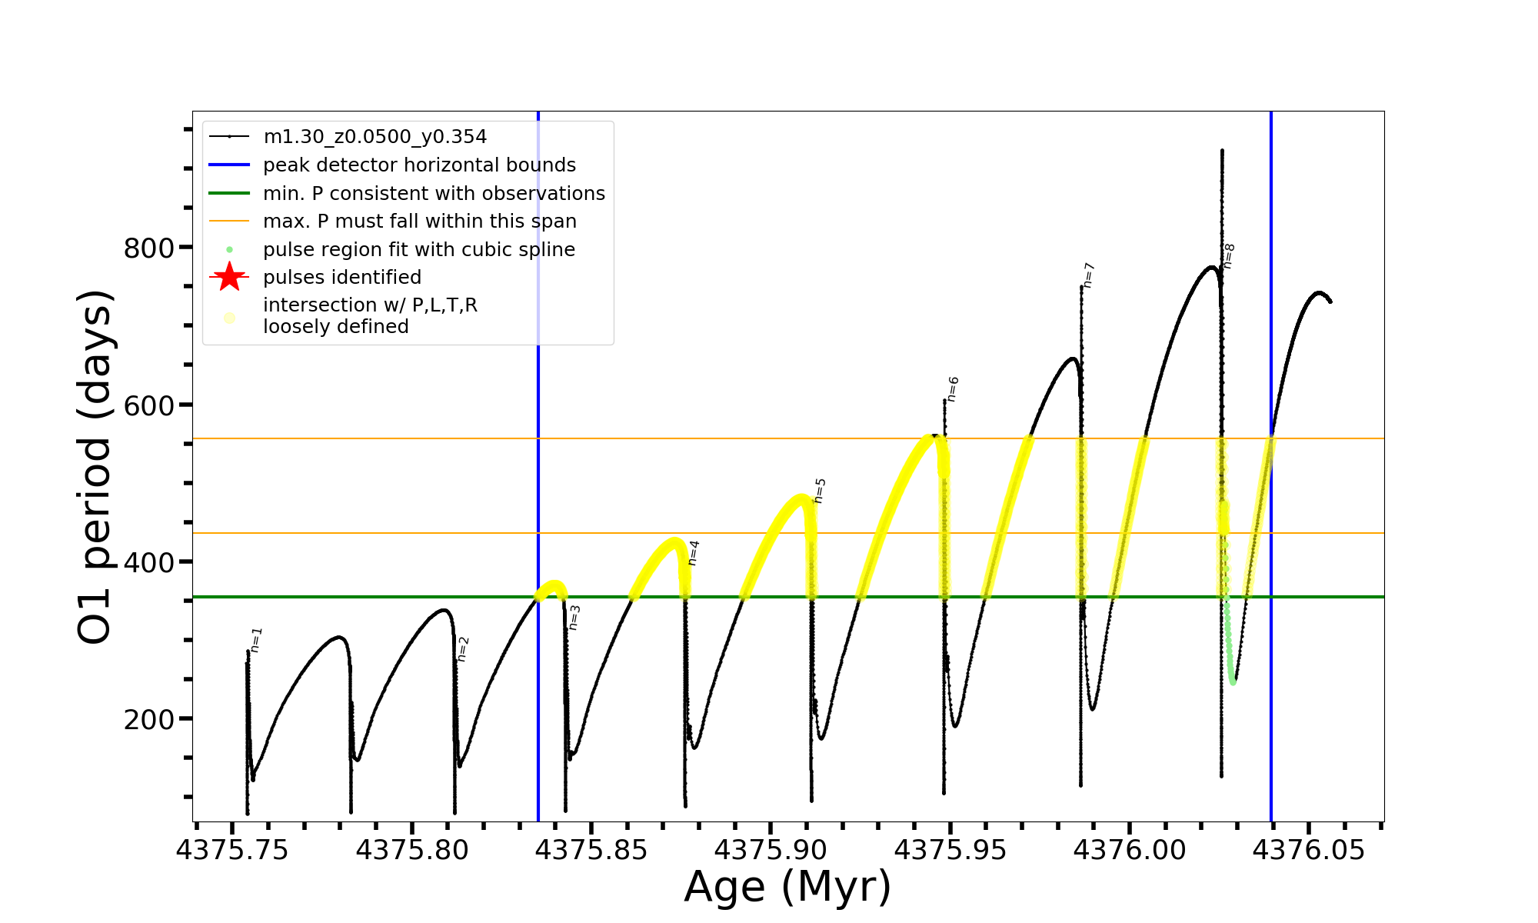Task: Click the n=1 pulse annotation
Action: (x=257, y=640)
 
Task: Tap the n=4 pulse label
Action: (x=694, y=552)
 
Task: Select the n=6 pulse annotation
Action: (x=953, y=389)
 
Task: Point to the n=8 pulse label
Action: (x=1229, y=256)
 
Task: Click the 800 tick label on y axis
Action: (x=149, y=248)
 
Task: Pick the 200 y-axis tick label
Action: (x=149, y=720)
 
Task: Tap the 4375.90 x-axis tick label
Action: (x=771, y=850)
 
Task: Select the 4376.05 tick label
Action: (x=1309, y=850)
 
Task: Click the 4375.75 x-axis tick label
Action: (x=232, y=850)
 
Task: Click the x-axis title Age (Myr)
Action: (x=787, y=887)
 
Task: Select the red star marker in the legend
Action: (x=229, y=277)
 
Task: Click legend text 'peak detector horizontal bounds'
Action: (x=419, y=165)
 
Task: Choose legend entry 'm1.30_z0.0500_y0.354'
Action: (x=375, y=137)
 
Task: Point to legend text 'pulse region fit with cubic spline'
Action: (x=419, y=250)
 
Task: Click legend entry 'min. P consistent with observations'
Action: (x=434, y=194)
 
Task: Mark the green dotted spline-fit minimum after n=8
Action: (x=1233, y=681)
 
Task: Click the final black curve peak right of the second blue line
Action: (x=1320, y=293)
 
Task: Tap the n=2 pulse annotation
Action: (x=463, y=649)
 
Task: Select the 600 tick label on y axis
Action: (x=149, y=406)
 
